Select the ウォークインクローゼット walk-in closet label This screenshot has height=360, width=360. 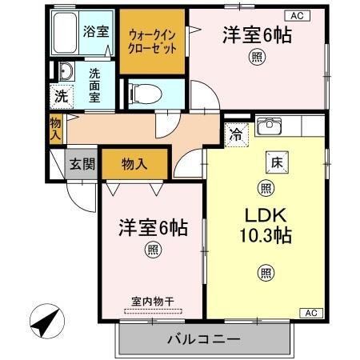point(153,40)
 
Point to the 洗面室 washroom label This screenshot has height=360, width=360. point(94,81)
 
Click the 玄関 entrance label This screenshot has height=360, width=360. point(82,165)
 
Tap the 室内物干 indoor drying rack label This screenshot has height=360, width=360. point(152,302)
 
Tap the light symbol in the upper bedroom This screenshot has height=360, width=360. point(256,56)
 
